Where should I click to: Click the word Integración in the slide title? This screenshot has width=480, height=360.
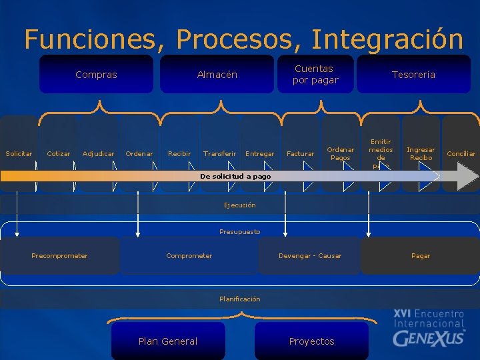[x=387, y=39]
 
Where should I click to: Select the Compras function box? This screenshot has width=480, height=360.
[x=96, y=75]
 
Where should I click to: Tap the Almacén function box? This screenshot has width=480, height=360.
[x=217, y=75]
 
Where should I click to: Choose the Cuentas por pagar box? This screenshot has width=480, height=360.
[x=315, y=74]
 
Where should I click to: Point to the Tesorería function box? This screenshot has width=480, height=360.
[x=413, y=75]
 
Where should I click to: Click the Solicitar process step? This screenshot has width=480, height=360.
[x=19, y=153]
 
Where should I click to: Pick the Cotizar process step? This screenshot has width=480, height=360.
[x=59, y=153]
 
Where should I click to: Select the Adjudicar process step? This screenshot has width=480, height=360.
[x=98, y=153]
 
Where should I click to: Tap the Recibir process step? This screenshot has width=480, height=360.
[x=179, y=153]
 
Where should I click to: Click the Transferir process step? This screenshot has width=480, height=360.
[x=219, y=153]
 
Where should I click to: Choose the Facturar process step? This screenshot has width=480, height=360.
[x=300, y=153]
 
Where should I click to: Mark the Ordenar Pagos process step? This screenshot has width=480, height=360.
[x=340, y=153]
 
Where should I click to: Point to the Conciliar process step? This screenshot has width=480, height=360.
[x=461, y=153]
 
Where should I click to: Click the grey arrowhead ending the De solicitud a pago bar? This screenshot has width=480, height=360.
[x=467, y=177]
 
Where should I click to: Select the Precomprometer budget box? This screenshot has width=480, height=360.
[x=59, y=256]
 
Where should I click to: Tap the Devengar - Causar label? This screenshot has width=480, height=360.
[x=309, y=256]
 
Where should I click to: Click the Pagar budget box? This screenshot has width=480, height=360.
[x=420, y=256]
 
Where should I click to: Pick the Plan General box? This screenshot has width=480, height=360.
[x=167, y=341]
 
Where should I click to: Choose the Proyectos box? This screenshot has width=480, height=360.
[x=311, y=341]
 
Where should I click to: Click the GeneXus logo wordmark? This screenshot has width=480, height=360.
[x=428, y=337]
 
